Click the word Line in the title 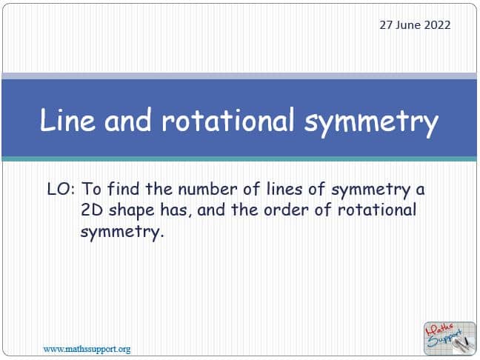click(x=67, y=119)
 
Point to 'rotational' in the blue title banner click(x=228, y=119)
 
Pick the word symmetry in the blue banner click(x=371, y=122)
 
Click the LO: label click(x=61, y=189)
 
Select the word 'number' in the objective click(x=207, y=189)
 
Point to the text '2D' click(x=92, y=210)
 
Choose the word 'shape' click(x=132, y=212)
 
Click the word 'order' click(x=286, y=210)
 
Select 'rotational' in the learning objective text click(x=377, y=210)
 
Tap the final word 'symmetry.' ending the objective click(x=122, y=233)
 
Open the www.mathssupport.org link click(x=87, y=350)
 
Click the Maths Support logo click(x=450, y=338)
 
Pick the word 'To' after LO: click(x=91, y=189)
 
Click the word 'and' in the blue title click(x=128, y=119)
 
